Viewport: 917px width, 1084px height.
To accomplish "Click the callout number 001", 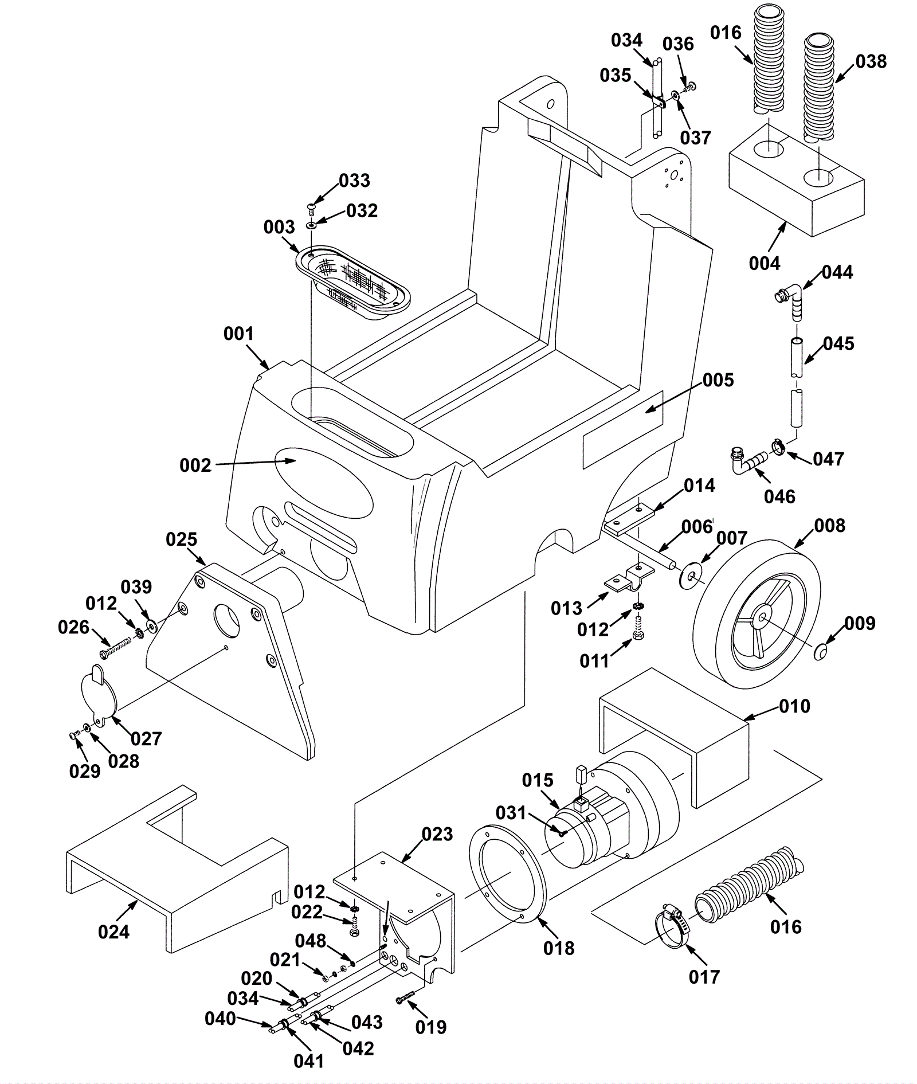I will (x=238, y=334).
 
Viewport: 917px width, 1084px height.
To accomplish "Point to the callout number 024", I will (x=113, y=932).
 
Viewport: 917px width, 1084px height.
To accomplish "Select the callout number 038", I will (x=871, y=62).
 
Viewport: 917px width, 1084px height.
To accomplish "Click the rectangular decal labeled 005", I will (x=623, y=429).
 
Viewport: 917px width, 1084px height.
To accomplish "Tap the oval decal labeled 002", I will (x=324, y=482).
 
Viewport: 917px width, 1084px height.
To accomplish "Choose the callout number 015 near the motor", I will (x=537, y=780).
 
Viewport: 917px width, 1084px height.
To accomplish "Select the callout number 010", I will (x=794, y=706).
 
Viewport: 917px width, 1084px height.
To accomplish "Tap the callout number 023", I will (x=437, y=834).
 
